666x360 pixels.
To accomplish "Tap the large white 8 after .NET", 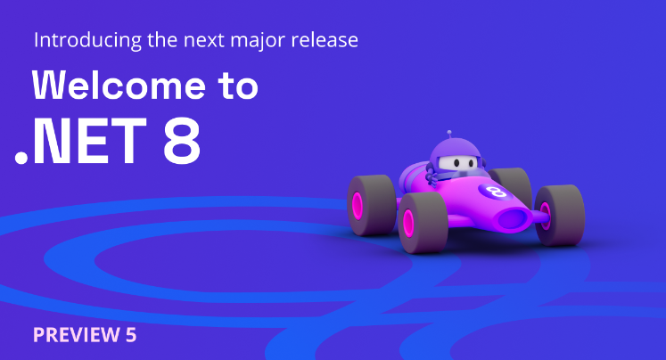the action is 182,141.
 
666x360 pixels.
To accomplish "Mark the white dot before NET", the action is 21,158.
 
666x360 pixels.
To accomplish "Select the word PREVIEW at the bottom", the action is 77,335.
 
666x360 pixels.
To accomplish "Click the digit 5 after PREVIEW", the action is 131,335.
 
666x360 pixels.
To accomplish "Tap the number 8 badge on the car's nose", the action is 493,192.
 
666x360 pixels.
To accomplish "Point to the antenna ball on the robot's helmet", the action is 449,133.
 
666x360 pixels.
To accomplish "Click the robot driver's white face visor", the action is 456,162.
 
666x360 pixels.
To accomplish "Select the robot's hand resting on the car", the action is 432,176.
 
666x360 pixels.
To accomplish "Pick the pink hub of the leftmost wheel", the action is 358,207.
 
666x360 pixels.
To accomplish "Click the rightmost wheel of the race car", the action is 559,216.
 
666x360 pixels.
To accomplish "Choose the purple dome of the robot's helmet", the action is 455,149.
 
